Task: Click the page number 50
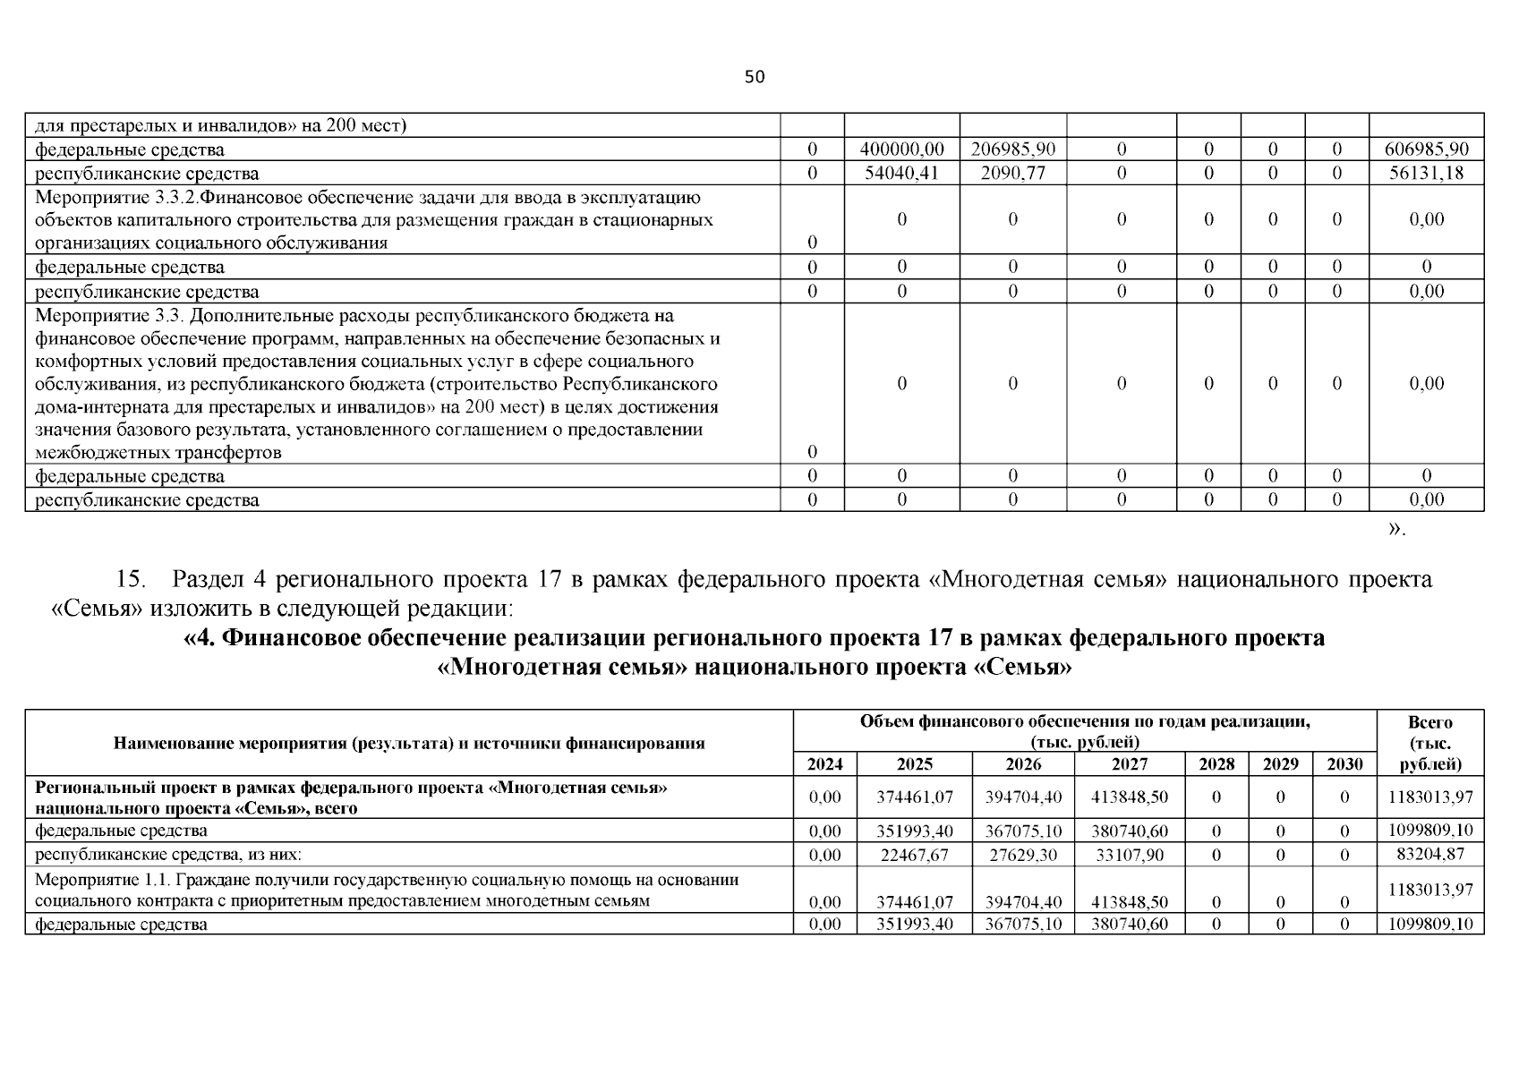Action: coord(755,77)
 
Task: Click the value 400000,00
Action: coord(901,149)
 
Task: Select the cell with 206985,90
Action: coord(1012,149)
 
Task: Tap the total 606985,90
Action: coord(1426,149)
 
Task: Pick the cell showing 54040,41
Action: coord(901,174)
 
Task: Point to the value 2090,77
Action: coord(1012,174)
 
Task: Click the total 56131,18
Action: coord(1426,174)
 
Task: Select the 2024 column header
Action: coord(824,764)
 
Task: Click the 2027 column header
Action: coord(1129,764)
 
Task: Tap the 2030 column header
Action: coord(1344,764)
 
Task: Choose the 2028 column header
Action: coord(1216,764)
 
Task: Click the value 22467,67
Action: coord(914,855)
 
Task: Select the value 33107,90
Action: coord(1130,855)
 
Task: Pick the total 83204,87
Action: coord(1429,854)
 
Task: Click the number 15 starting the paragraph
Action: coord(131,580)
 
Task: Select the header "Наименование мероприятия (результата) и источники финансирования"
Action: coord(409,743)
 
